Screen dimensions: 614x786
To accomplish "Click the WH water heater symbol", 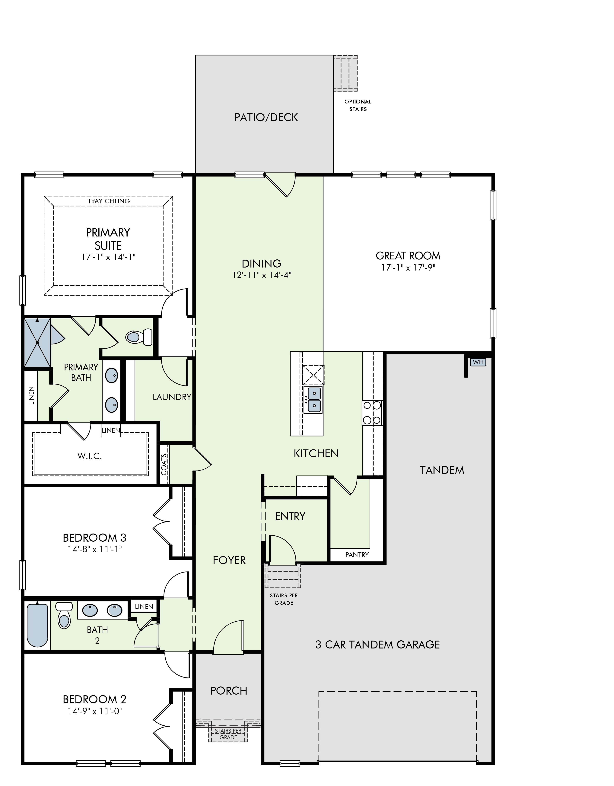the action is [478, 362].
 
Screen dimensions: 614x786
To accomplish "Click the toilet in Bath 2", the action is [64, 615].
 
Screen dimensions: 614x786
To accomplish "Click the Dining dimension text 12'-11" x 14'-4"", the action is [262, 275].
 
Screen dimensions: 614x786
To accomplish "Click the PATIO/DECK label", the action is [266, 117].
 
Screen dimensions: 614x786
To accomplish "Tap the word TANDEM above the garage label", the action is [442, 470].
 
